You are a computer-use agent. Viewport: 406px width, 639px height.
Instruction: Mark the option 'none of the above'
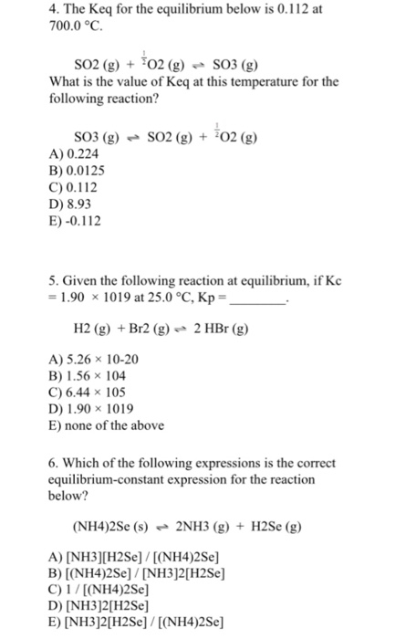pos(105,425)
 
